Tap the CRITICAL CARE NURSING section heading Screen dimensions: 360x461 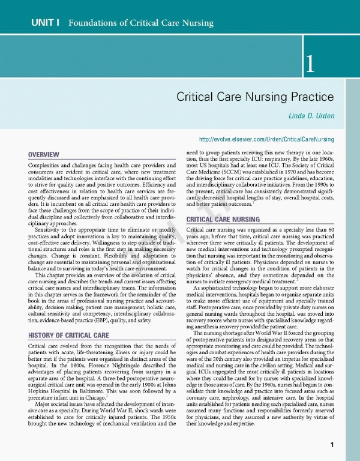(223, 220)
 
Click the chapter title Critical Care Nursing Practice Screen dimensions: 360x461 (254, 96)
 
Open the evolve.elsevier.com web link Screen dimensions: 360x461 (265, 139)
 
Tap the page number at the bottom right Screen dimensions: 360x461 (332, 445)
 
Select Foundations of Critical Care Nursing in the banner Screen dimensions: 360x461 (141, 23)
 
